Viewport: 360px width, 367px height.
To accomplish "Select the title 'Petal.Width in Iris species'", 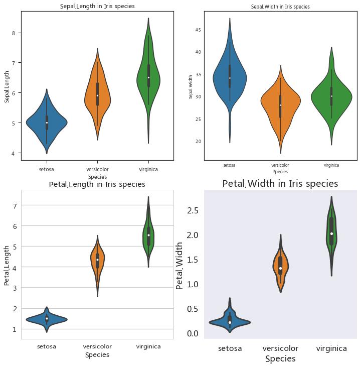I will coord(280,184).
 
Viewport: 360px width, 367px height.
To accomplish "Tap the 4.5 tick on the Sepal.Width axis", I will coord(198,30).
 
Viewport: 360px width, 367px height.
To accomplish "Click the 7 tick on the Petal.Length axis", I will coord(15,205).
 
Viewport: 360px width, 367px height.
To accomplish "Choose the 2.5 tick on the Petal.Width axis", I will coord(193,210).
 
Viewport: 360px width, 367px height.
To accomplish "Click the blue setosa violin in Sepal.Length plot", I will coord(47,123).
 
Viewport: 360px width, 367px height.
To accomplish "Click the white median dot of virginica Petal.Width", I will coord(331,233).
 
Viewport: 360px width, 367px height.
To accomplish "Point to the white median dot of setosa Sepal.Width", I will coord(230,78).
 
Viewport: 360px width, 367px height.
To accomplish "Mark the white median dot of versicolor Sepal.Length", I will coord(97,95).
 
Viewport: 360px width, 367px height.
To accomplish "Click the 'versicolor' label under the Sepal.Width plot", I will coord(280,165).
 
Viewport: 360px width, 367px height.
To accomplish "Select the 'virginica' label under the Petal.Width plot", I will coord(331,348).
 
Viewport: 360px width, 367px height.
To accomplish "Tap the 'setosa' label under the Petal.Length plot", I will coord(47,346).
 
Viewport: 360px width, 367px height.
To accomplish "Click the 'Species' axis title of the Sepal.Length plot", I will coord(97,177).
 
